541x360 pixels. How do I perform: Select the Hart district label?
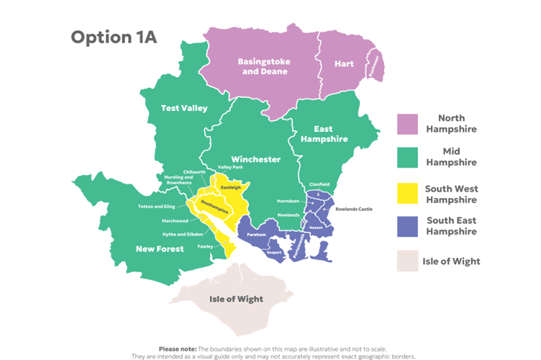coord(344,64)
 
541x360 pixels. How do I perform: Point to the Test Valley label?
coord(184,109)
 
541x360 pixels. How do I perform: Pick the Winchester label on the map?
coord(255,159)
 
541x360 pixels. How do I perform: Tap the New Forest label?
coord(160,249)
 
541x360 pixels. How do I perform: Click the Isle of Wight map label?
coord(236,299)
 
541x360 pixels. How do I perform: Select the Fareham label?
coord(257,235)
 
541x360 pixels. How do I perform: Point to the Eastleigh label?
coord(230,187)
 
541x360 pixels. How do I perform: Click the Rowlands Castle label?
coord(354,209)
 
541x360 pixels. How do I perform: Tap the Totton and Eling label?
coord(157,207)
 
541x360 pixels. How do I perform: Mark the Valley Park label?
coord(230,167)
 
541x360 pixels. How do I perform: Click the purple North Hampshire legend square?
coord(407,124)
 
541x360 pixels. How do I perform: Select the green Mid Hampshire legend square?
coord(407,158)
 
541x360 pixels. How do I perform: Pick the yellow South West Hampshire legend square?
coord(407,193)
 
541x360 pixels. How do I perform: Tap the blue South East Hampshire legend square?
coord(407,225)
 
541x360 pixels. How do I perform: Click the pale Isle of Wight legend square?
coord(407,261)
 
